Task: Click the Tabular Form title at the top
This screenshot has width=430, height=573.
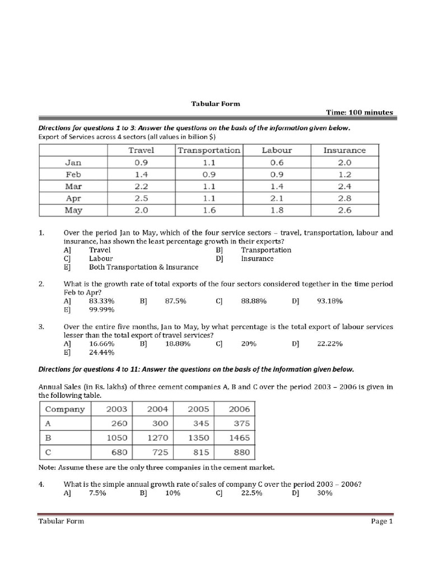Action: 208,104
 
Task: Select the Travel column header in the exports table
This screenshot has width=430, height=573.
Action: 141,150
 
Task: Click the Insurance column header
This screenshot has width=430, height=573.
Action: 344,150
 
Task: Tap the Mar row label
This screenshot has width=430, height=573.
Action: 73,186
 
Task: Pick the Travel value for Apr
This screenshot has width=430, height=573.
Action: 141,198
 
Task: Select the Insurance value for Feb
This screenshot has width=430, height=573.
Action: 344,174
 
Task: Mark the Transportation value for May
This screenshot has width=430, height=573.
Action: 208,210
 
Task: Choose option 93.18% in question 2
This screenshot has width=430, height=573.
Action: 330,301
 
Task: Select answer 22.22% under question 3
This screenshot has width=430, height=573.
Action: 330,344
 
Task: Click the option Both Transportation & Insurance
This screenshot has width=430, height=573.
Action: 143,267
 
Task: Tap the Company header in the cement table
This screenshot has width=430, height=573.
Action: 64,409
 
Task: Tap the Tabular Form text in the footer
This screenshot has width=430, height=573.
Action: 61,521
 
